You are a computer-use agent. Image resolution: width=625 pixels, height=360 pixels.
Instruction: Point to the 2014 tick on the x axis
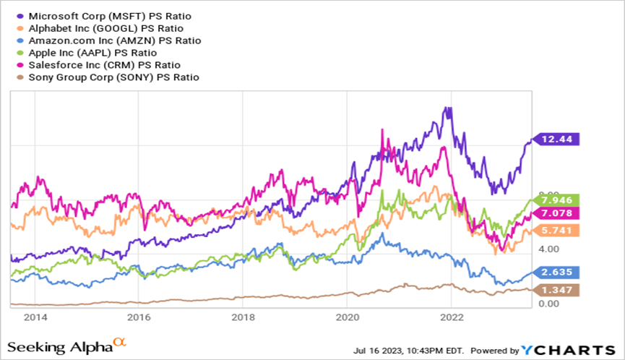pyautogui.click(x=35, y=317)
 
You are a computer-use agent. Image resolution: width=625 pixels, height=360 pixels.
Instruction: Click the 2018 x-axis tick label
pyautogui.click(x=243, y=317)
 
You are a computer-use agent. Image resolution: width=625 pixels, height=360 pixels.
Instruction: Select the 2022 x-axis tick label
pyautogui.click(x=452, y=317)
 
